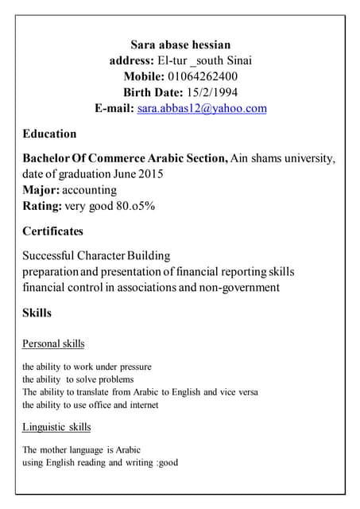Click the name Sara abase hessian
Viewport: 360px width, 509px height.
[180, 45]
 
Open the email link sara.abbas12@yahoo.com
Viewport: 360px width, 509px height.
[202, 108]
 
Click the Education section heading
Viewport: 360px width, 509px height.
[49, 134]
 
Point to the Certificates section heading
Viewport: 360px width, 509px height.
[52, 231]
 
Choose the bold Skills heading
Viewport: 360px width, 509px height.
[37, 313]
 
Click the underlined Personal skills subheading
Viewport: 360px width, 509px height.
[53, 344]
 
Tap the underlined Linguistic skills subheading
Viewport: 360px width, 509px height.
[56, 427]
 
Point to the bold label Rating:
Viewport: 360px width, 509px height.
[42, 206]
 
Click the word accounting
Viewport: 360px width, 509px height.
[90, 190]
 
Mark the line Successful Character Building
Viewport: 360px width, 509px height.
[96, 256]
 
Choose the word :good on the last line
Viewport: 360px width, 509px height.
[168, 462]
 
